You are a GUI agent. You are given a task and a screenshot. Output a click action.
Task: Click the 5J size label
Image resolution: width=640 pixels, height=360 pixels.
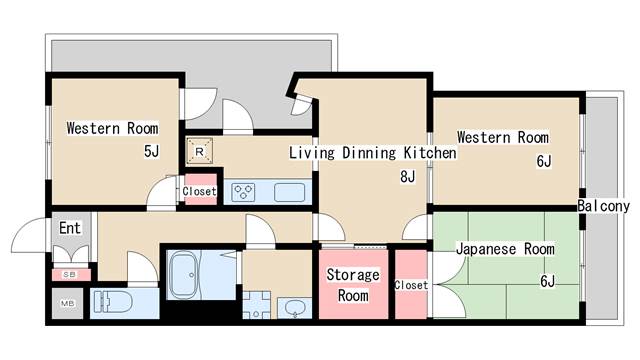pyautogui.click(x=151, y=151)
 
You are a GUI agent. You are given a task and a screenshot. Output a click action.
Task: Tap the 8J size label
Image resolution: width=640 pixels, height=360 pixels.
pyautogui.click(x=407, y=177)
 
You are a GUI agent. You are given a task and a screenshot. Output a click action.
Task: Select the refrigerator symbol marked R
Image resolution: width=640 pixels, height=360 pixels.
pyautogui.click(x=200, y=151)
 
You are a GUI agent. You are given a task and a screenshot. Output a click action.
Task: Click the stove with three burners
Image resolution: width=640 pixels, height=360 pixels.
pyautogui.click(x=243, y=192)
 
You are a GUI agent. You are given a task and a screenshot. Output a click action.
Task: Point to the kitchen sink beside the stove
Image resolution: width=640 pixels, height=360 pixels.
pyautogui.click(x=289, y=192)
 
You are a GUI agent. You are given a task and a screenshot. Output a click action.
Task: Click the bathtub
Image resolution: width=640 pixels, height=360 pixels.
pyautogui.click(x=184, y=275)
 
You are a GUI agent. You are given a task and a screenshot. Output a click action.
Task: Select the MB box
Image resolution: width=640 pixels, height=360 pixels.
pyautogui.click(x=67, y=304)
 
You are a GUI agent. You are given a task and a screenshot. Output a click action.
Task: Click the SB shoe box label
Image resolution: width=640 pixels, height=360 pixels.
pyautogui.click(x=69, y=275)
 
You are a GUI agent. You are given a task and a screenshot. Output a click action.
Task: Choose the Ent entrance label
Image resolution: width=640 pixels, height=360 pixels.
pyautogui.click(x=70, y=228)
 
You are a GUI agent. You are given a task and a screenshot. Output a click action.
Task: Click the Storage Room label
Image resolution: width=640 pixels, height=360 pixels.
pyautogui.click(x=353, y=284)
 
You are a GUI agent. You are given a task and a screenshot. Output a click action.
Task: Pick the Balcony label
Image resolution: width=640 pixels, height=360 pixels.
pyautogui.click(x=604, y=206)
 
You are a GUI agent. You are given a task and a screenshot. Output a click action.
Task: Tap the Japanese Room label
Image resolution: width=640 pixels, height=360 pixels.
pyautogui.click(x=505, y=249)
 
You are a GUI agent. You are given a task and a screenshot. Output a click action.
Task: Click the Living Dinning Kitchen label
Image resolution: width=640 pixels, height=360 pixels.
pyautogui.click(x=373, y=153)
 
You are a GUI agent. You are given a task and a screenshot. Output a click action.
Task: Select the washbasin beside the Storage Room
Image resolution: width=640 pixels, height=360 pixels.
pyautogui.click(x=295, y=308)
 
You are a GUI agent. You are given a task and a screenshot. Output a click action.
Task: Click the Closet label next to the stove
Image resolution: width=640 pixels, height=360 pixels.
pyautogui.click(x=199, y=191)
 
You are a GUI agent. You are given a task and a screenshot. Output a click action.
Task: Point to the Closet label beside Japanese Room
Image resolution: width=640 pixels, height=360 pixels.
pyautogui.click(x=411, y=285)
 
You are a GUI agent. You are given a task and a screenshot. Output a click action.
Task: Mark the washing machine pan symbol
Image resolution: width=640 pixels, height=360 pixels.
pyautogui.click(x=256, y=305)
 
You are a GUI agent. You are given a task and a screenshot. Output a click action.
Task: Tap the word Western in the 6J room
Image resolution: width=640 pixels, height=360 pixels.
pyautogui.click(x=484, y=137)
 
